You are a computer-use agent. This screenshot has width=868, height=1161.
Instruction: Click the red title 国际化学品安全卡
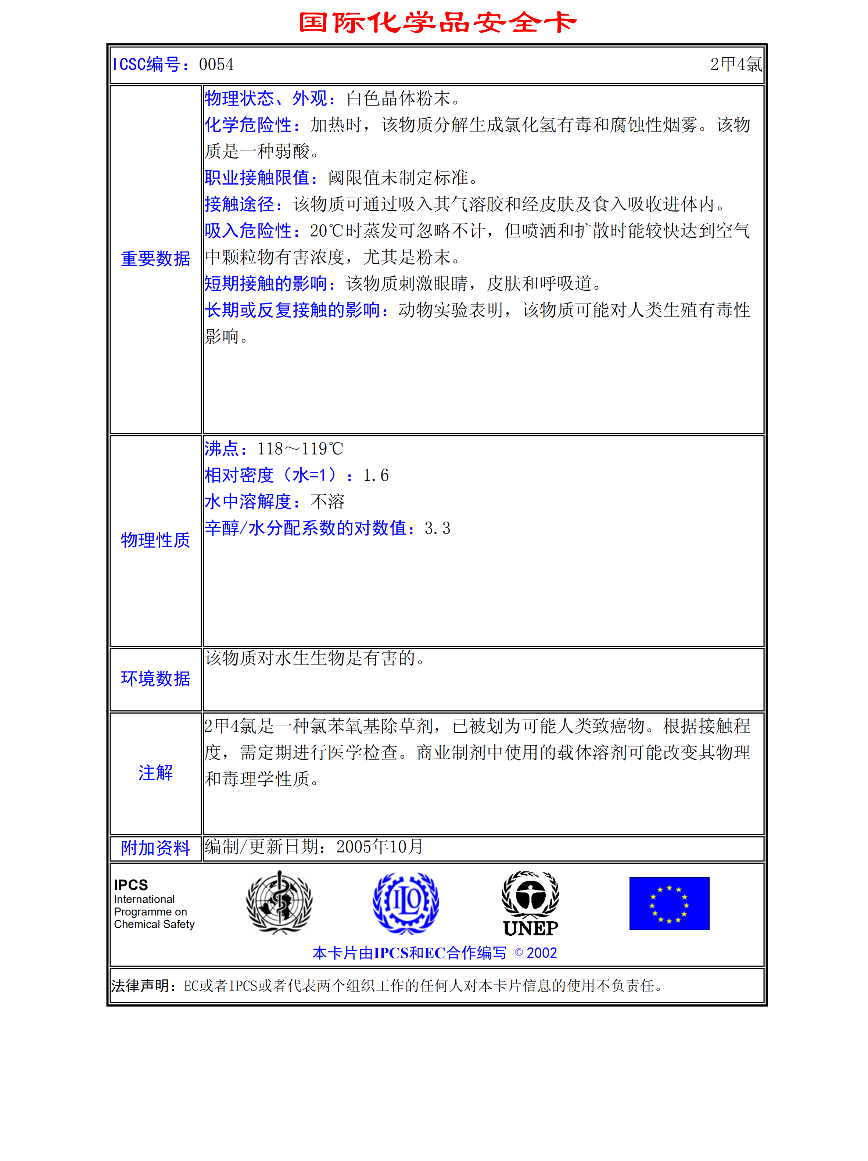coord(437,22)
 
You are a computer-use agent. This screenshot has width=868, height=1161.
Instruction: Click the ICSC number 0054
coord(216,65)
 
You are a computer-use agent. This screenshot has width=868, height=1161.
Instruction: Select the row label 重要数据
coord(155,259)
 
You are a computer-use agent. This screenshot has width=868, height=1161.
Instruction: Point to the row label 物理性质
coord(155,540)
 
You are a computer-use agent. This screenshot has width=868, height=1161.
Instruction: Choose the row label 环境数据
coord(155,679)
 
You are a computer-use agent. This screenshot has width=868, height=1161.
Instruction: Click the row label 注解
coord(155,773)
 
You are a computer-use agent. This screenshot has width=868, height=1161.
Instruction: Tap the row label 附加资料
coord(155,848)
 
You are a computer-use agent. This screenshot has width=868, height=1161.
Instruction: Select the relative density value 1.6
coord(376,476)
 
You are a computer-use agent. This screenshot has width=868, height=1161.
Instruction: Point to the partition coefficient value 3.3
coord(437,528)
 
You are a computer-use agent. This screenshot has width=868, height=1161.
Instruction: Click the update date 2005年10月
coord(379,847)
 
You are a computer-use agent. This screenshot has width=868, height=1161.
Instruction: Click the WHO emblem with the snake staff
coord(279,902)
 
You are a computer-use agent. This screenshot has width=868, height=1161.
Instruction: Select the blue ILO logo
coord(406,902)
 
